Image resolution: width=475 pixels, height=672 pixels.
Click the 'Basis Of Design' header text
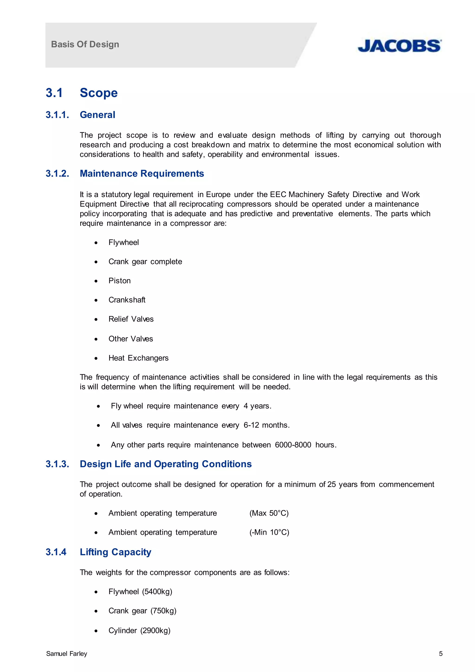click(85, 44)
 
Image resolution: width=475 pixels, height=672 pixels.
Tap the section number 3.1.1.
click(58, 115)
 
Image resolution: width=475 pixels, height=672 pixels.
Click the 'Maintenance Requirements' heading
click(142, 174)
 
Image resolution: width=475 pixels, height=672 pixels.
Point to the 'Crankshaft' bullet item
click(127, 300)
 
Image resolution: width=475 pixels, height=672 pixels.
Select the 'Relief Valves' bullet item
click(131, 319)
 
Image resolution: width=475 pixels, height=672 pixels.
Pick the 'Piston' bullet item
click(119, 281)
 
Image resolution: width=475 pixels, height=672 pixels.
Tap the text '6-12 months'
click(266, 425)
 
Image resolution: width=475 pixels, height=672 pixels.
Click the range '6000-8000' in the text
click(293, 445)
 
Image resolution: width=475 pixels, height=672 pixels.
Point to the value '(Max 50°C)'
click(269, 513)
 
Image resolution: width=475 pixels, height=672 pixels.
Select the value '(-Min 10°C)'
click(269, 533)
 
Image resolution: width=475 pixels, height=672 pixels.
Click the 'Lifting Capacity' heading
click(116, 552)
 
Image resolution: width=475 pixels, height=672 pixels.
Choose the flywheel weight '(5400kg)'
click(157, 592)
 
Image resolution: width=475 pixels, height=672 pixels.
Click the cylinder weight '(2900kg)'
click(155, 631)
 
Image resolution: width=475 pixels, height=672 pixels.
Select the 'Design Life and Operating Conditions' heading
click(166, 464)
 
